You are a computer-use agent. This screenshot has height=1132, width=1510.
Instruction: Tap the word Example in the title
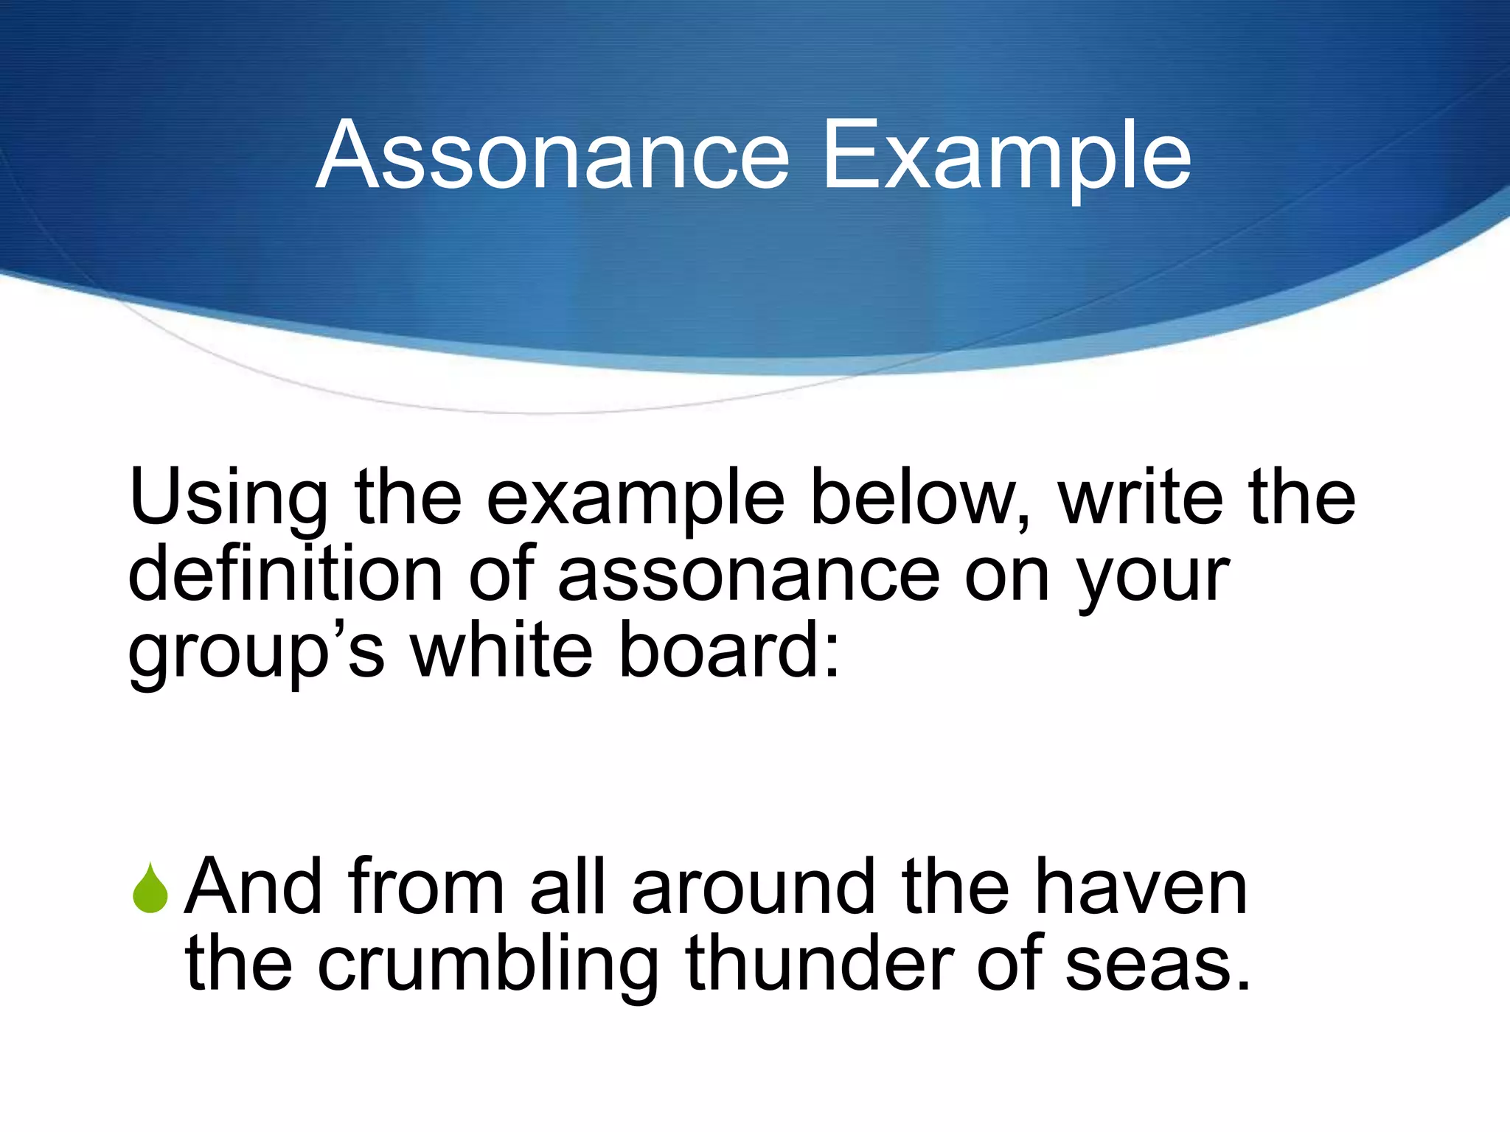(x=1006, y=156)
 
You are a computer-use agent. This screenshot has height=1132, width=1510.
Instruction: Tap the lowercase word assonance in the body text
(x=748, y=575)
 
